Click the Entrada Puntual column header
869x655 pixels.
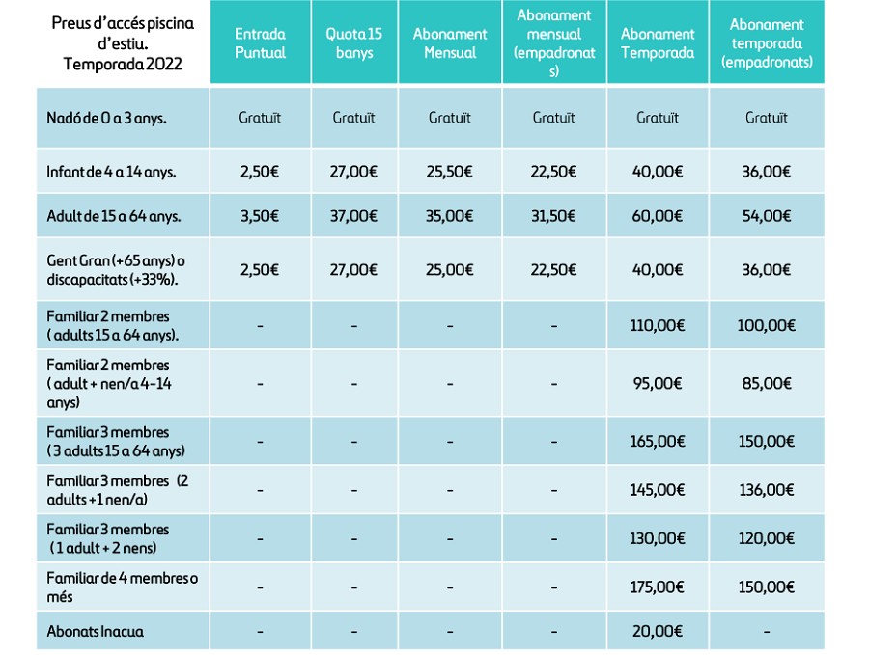pos(260,43)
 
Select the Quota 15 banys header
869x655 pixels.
pos(354,43)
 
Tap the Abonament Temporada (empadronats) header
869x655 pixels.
pos(767,43)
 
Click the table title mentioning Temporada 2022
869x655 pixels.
pos(123,43)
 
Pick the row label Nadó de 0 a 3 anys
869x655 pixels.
pos(106,118)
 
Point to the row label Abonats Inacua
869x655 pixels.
pos(95,631)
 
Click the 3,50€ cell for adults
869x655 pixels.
pos(260,216)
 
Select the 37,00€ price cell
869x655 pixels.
pos(353,216)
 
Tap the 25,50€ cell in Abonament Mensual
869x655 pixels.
pos(449,172)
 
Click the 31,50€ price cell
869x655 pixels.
pos(553,216)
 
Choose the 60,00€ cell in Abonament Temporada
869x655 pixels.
pos(658,216)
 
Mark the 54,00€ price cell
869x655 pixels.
pos(767,216)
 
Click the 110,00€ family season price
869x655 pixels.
pos(658,325)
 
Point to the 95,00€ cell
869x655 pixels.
pos(658,383)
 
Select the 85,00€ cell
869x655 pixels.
pos(767,383)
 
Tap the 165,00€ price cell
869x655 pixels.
pos(658,441)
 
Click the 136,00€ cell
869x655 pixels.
pos(767,490)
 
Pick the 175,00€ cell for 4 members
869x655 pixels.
pos(658,587)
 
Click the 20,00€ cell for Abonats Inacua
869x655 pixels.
pos(658,631)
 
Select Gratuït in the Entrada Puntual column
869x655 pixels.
pos(260,118)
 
